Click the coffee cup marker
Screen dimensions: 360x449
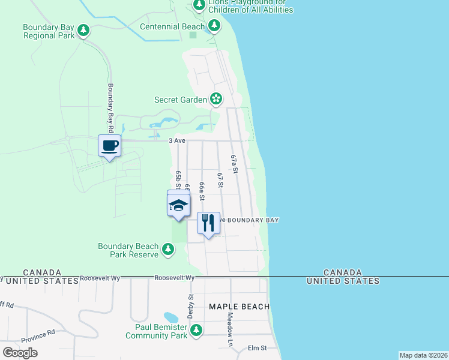click(109, 146)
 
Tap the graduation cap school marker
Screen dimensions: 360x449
click(178, 205)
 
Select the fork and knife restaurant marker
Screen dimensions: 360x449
click(208, 223)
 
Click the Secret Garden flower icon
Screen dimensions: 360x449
click(215, 99)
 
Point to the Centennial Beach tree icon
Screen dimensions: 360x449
click(214, 25)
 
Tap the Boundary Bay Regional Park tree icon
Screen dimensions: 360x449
click(84, 30)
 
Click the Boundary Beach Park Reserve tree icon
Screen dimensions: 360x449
click(169, 250)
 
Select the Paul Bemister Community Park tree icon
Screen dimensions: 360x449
click(196, 330)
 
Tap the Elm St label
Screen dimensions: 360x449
click(257, 347)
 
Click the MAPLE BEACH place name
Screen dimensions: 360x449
click(239, 307)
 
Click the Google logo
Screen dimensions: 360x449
click(20, 353)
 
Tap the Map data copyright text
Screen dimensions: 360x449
click(423, 355)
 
